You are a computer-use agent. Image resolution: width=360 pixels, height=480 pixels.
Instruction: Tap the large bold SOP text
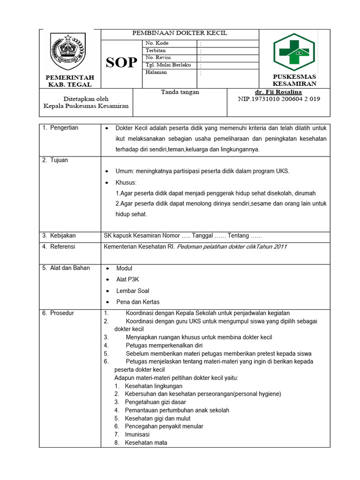(x=121, y=63)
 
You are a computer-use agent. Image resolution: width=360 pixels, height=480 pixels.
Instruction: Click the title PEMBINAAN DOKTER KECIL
(x=180, y=33)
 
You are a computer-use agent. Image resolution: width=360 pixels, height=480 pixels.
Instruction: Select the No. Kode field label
(x=157, y=43)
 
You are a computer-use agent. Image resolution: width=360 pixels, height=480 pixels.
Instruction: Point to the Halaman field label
(x=156, y=72)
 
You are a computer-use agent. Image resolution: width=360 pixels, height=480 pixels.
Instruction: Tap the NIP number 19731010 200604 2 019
(x=279, y=99)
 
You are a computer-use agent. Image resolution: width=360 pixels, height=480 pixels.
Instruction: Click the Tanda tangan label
(x=180, y=92)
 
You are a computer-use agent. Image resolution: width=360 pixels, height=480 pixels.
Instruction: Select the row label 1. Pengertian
(x=60, y=127)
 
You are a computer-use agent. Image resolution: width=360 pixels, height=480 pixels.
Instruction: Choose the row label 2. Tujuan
(x=55, y=160)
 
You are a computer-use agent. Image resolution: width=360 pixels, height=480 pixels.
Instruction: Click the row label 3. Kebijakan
(x=59, y=235)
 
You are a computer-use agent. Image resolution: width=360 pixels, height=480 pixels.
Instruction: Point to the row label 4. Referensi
(x=59, y=246)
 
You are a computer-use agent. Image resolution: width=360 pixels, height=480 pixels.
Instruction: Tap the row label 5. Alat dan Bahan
(x=66, y=268)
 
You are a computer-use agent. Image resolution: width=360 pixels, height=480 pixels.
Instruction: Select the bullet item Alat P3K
(x=127, y=279)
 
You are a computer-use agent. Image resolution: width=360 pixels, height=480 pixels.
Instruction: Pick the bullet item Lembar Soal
(x=133, y=291)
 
